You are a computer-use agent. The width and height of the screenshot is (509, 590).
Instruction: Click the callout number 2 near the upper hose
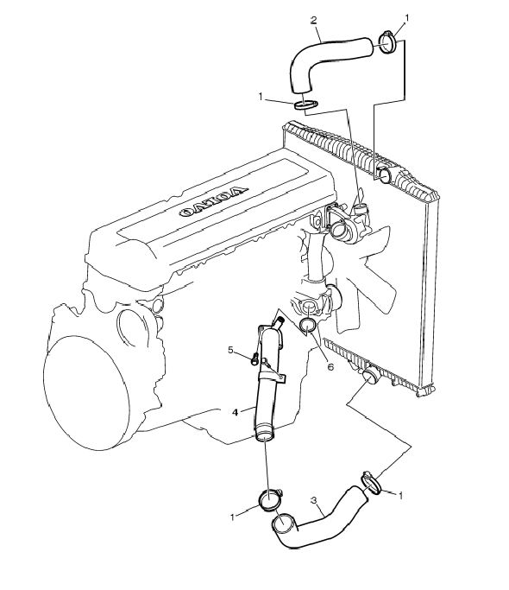click(x=313, y=20)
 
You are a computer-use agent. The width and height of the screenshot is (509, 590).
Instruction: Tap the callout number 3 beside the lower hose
click(x=314, y=500)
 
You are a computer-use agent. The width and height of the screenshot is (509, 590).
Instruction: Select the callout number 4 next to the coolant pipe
click(x=235, y=412)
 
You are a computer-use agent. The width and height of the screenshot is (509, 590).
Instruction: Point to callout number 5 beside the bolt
click(x=231, y=351)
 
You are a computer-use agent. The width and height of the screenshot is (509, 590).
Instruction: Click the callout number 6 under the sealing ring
click(x=330, y=366)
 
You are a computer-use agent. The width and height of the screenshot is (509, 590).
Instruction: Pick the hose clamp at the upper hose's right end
click(x=386, y=41)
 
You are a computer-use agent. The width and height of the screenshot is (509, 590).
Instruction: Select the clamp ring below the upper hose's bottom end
click(x=305, y=105)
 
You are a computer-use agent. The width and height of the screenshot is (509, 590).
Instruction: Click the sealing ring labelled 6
click(x=308, y=327)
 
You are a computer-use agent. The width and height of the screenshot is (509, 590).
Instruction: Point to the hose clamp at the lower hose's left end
click(x=270, y=499)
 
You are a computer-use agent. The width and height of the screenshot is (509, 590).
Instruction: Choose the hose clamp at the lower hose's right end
click(x=371, y=483)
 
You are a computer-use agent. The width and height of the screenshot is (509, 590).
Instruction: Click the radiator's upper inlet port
click(x=386, y=174)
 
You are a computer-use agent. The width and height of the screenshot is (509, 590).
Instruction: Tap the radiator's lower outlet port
click(x=371, y=376)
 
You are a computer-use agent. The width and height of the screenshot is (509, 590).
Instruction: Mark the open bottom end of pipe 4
click(x=265, y=436)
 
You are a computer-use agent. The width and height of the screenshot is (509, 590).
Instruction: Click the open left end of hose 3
click(x=280, y=523)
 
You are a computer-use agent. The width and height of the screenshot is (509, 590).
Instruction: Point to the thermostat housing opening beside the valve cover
click(x=336, y=228)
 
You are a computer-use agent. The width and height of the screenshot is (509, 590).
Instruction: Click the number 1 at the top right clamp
click(x=406, y=18)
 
